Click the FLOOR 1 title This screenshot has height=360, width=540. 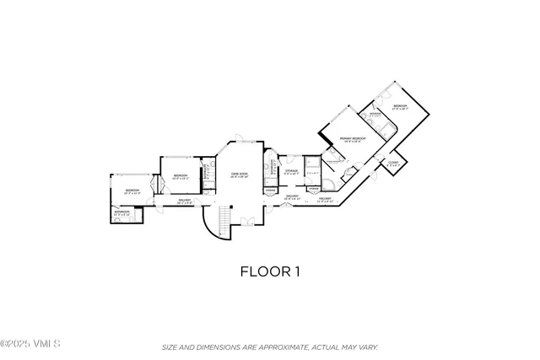(x=270, y=271)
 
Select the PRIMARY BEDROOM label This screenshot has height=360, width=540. (x=352, y=137)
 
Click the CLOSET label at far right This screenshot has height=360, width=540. (x=393, y=163)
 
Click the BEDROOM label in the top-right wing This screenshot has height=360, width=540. (x=400, y=106)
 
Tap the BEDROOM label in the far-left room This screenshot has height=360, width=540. (x=132, y=191)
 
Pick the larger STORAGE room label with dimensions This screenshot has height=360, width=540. (x=291, y=171)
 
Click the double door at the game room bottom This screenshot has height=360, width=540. (x=247, y=222)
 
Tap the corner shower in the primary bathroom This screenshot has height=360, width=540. (x=330, y=180)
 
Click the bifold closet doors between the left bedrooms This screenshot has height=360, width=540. (x=153, y=187)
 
